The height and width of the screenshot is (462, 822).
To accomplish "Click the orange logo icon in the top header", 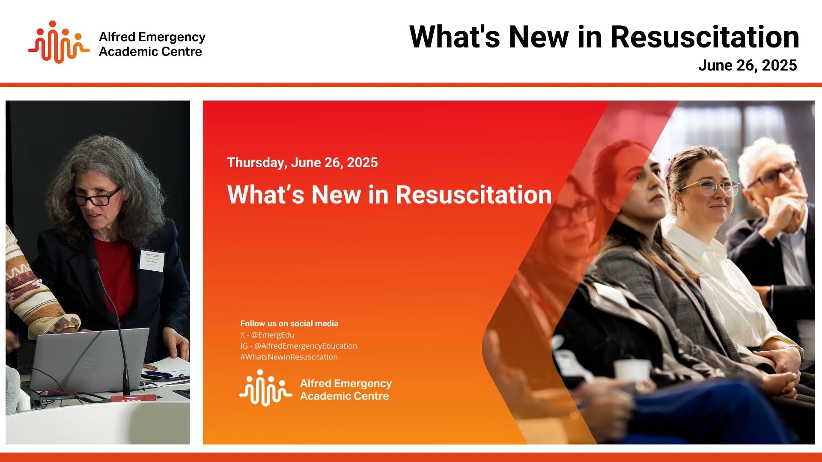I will coord(59,42).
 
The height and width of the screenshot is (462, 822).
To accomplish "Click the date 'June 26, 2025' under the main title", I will coord(747,65).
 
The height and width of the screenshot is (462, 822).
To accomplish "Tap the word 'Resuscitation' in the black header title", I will coord(705,37).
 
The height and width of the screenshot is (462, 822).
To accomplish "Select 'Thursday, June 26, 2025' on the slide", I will coord(302,163).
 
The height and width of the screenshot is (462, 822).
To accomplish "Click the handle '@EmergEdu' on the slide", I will coord(273,335).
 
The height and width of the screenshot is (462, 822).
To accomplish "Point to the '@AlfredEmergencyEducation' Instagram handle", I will coord(306,346).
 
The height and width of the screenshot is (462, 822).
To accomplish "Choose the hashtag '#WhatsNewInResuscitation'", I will coord(289,357).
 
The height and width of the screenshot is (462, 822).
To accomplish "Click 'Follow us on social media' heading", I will coord(289,324).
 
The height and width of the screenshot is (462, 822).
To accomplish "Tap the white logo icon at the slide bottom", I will coord(265,388).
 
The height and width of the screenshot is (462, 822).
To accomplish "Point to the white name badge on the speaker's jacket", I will coord(152,261).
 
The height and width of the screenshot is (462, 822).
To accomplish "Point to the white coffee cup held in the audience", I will coord(632,370).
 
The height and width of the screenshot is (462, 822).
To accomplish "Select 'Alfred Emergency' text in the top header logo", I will coord(152,37).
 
